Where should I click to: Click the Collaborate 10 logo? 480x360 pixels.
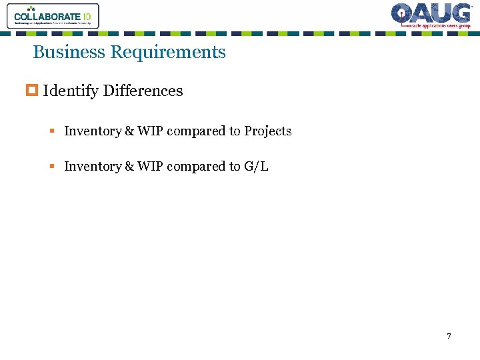point(53,16)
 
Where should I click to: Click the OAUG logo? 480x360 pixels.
point(431,15)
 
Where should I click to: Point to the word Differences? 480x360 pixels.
point(143,91)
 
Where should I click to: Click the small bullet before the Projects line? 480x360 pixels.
point(51,131)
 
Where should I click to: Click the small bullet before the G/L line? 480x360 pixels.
point(51,167)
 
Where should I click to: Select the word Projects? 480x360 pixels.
point(267,131)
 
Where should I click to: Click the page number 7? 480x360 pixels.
point(449,336)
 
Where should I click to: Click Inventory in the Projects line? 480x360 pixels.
point(92,131)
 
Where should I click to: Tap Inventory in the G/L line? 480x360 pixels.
point(92,167)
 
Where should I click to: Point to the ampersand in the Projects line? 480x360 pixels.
point(129,131)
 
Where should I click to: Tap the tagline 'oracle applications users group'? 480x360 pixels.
point(438,26)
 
